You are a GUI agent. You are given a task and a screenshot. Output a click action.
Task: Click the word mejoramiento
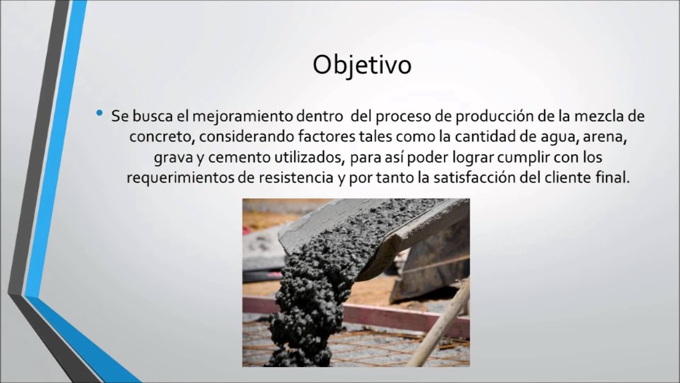(237, 116)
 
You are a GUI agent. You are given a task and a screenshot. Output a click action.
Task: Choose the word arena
(605, 137)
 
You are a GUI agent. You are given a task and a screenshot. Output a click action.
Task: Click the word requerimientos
(180, 178)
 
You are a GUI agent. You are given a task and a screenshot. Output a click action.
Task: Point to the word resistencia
(291, 178)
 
